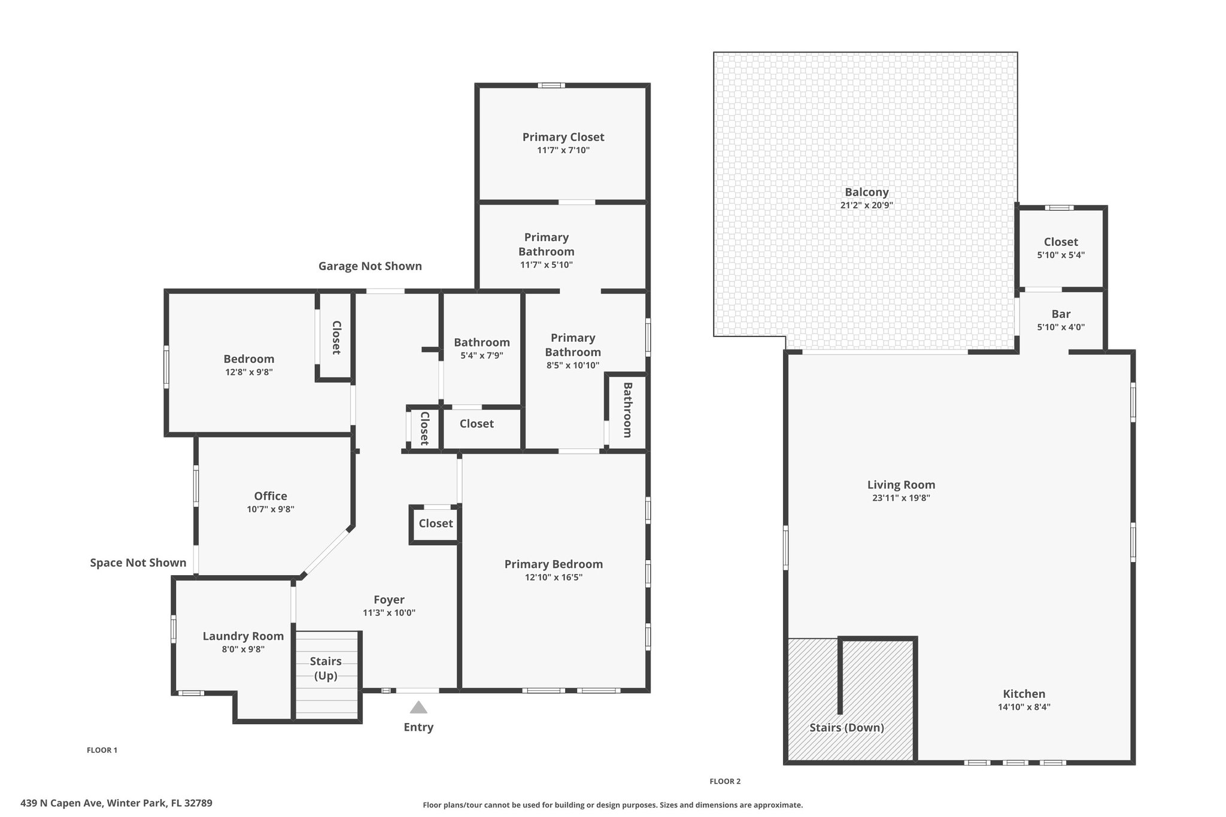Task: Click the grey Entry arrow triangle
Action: click(418, 707)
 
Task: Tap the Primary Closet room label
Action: click(563, 137)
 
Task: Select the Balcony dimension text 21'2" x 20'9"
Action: click(867, 205)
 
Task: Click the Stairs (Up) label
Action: click(326, 668)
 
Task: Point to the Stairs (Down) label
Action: click(846, 728)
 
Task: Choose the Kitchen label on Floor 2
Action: click(1024, 694)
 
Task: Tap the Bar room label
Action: click(1061, 314)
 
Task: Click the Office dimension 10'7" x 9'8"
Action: click(271, 509)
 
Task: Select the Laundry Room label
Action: click(243, 636)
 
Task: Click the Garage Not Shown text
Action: click(370, 266)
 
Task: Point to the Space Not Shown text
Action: click(138, 563)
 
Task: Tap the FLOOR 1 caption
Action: click(102, 750)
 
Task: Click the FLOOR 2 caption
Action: click(725, 781)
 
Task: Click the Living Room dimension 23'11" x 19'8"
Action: click(901, 498)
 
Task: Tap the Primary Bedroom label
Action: click(554, 564)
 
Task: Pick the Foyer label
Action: click(389, 600)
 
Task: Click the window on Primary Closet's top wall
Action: click(551, 86)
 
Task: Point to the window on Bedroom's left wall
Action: click(166, 366)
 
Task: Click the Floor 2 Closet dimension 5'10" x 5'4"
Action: click(1061, 255)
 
